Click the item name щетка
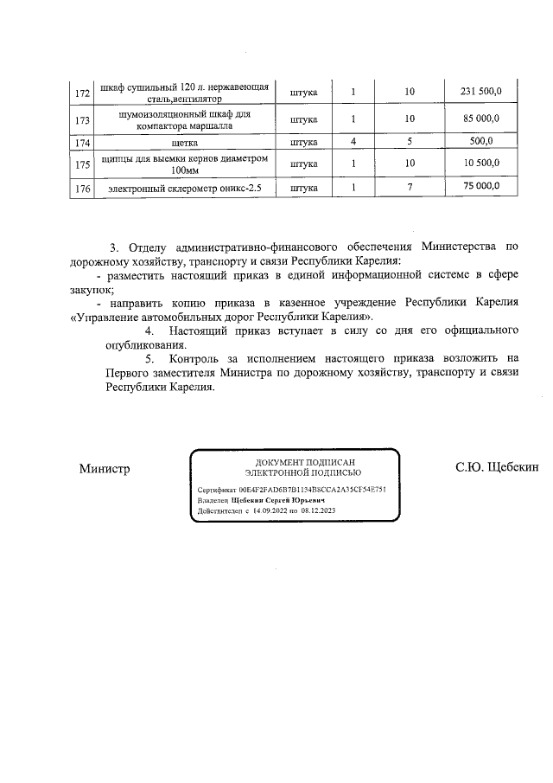[186, 141]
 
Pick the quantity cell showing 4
[353, 141]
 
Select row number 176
[83, 188]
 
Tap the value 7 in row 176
[410, 187]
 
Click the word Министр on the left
[104, 469]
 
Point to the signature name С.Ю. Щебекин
[497, 468]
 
